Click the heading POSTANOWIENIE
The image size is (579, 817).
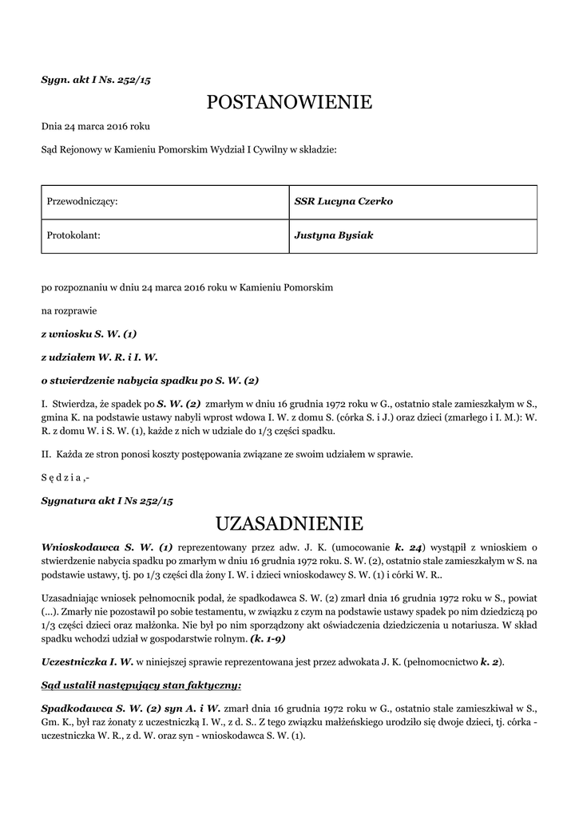click(289, 102)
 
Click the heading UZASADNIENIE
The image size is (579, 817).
click(289, 523)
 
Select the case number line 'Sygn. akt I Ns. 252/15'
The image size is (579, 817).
click(96, 80)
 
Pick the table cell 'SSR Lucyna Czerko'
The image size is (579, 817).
click(343, 202)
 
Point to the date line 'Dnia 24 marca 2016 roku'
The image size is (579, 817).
click(96, 126)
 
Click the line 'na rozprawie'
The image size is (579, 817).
click(69, 311)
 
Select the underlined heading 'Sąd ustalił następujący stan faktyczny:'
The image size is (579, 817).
click(141, 685)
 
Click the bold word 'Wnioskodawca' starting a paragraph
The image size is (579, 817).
click(79, 547)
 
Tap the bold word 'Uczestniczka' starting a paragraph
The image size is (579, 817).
click(73, 661)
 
